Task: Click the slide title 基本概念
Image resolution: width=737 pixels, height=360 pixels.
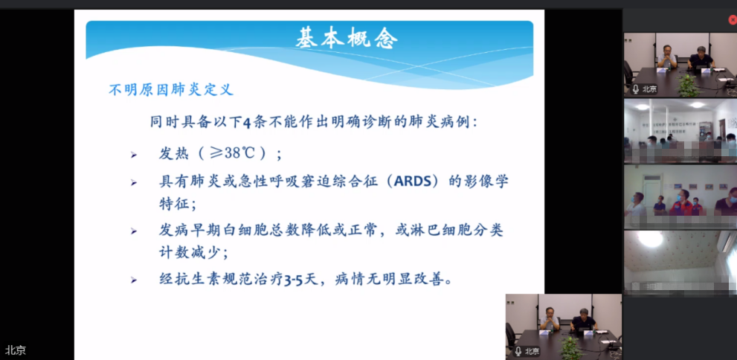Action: (347, 39)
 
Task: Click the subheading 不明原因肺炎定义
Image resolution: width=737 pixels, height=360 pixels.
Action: (171, 90)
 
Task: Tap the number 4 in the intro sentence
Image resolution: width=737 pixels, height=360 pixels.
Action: (248, 123)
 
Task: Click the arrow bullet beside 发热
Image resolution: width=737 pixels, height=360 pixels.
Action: (133, 155)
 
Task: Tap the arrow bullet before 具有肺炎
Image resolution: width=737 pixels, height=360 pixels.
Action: (133, 182)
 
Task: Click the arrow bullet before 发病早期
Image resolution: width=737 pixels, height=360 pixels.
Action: (133, 231)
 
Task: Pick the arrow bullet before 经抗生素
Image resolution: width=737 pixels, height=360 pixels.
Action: (133, 280)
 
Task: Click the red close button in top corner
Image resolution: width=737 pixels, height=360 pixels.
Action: (733, 20)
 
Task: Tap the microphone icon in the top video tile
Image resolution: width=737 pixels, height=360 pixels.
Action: (636, 89)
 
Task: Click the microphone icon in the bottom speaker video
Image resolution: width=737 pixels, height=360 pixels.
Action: (518, 351)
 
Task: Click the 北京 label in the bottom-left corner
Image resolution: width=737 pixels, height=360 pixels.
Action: (16, 350)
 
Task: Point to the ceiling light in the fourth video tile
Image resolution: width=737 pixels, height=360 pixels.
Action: (651, 238)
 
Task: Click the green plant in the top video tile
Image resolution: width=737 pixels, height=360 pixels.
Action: (688, 85)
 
